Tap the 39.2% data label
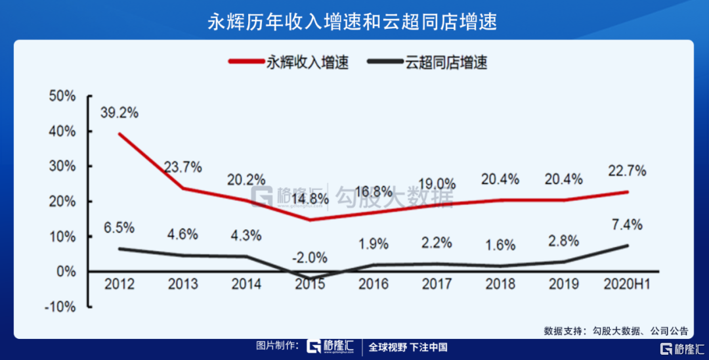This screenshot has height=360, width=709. [x=119, y=112]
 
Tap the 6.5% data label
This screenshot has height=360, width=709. [x=119, y=228]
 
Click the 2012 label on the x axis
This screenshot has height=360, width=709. [x=119, y=284]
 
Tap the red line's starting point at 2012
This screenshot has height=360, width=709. [x=119, y=133]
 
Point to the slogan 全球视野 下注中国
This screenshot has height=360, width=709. [x=407, y=348]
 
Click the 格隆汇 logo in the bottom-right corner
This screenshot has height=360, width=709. [x=683, y=348]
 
